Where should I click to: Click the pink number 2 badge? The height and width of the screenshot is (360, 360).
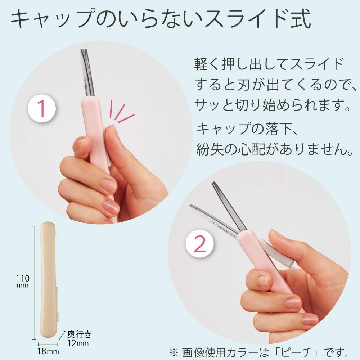[201, 245]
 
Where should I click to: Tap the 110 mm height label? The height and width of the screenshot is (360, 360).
[22, 281]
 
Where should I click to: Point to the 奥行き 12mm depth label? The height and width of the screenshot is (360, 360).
[78, 338]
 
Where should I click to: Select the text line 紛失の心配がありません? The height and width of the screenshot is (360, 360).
[274, 149]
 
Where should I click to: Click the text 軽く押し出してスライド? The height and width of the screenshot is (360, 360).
[268, 65]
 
